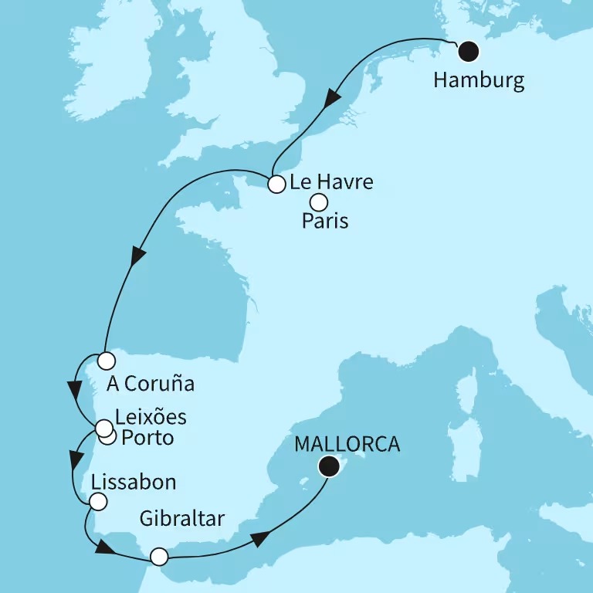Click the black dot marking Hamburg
[x=468, y=52]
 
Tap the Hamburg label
[x=479, y=80]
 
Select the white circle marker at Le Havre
[x=276, y=184]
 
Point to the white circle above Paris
[x=318, y=202]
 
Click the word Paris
[x=325, y=222]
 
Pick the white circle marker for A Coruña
[x=106, y=360]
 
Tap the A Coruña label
[x=150, y=383]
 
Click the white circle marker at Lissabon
[x=97, y=502]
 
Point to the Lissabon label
[x=133, y=483]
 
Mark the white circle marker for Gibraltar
[x=158, y=556]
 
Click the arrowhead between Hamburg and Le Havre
[x=333, y=99]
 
